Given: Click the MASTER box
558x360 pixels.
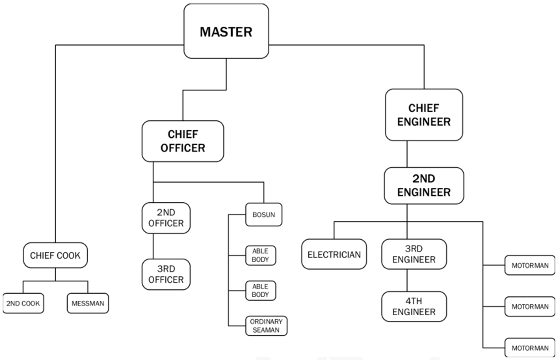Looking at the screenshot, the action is tap(226, 31).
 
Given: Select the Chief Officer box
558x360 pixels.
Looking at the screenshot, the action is tap(183, 141).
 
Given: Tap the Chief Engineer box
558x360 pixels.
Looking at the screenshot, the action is tap(424, 115).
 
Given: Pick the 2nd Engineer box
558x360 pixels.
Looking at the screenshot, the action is tap(424, 186).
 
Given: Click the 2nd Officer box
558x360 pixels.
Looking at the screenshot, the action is tap(166, 218).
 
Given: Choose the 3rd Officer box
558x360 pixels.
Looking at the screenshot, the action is tap(166, 274).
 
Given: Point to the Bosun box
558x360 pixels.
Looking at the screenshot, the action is tap(264, 215).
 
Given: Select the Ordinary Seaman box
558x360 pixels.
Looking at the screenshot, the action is tap(266, 326).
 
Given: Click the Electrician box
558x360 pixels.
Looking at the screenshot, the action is tap(334, 254).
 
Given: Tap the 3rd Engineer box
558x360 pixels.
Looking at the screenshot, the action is tap(414, 254).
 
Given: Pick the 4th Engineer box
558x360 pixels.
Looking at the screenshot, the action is tap(414, 306).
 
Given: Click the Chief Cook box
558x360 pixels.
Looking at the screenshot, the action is tap(55, 255).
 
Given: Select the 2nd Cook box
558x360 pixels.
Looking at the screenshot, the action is tap(23, 303).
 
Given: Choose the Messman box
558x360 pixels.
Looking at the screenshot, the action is tap(88, 303).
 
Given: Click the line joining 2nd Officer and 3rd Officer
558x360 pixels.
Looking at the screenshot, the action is tap(153, 246).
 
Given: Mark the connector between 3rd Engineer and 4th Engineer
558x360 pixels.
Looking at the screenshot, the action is tap(407, 281).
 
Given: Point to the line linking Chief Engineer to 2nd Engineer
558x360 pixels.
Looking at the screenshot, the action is tap(407, 154).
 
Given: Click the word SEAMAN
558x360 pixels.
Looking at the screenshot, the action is tap(266, 330).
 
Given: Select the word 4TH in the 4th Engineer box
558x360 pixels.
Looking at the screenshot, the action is tap(414, 301).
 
